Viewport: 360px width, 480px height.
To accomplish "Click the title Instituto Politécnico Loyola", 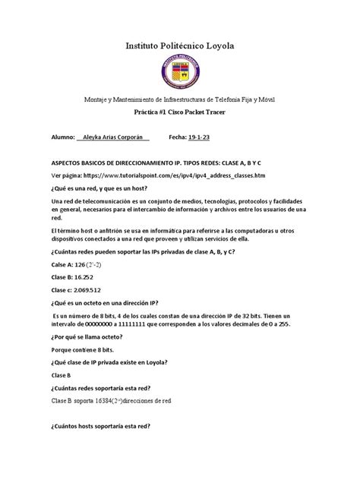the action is pyautogui.click(x=180, y=47).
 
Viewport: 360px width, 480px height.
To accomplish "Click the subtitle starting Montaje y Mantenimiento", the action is pyautogui.click(x=180, y=99).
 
